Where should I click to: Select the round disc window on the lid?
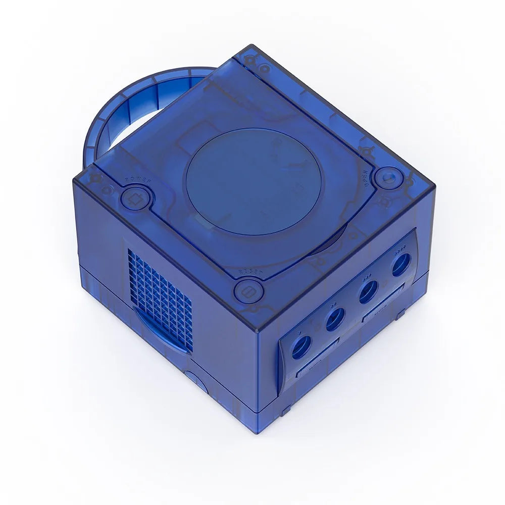[x=254, y=181]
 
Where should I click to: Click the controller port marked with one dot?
[x=302, y=347]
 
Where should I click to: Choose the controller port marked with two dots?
[x=335, y=319]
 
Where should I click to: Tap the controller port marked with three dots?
[x=369, y=291]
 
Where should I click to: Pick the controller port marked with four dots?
[x=401, y=264]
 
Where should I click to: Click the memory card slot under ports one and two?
[x=317, y=360]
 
